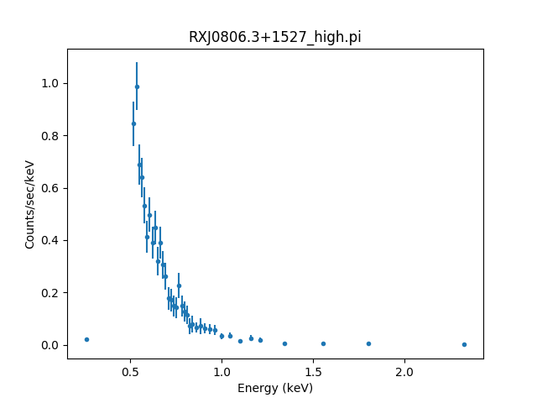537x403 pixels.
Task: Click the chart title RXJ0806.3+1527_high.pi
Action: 274,37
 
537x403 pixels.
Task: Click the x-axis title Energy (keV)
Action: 274,388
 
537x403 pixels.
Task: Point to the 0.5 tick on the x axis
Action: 130,359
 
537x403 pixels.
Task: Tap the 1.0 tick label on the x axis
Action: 222,371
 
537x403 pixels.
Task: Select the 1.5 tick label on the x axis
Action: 313,371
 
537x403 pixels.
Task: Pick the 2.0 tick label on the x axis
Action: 404,371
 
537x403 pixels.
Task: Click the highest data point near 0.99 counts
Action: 137,86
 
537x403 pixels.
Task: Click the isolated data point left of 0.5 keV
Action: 86,339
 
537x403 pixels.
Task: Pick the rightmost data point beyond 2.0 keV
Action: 464,344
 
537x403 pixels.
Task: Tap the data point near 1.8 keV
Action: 368,343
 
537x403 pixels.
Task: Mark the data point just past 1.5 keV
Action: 323,343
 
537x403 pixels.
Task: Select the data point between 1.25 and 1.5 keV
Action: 284,343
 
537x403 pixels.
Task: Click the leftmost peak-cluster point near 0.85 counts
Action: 133,123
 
